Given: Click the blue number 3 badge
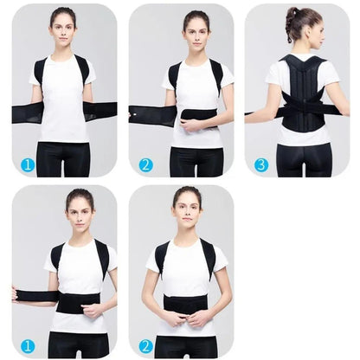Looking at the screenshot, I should (x=260, y=164).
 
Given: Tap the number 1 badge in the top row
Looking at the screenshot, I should (x=28, y=164).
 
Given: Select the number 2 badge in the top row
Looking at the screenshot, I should (x=145, y=164).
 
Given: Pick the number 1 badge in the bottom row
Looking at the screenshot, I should (x=28, y=345).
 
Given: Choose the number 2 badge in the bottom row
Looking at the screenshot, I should (x=145, y=345).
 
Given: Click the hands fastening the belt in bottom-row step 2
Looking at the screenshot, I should (x=186, y=318).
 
